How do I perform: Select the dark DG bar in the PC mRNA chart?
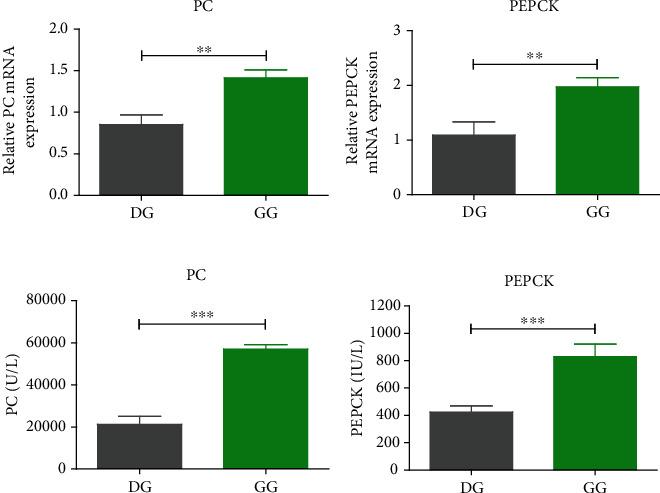click(140, 160)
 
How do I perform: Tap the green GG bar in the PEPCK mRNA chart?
click(596, 140)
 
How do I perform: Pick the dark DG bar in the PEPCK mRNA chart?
click(472, 164)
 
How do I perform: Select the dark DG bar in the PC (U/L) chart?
click(140, 446)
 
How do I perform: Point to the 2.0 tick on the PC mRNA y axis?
click(58, 29)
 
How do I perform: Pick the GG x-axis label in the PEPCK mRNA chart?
click(596, 212)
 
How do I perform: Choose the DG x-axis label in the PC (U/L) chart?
click(140, 486)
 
